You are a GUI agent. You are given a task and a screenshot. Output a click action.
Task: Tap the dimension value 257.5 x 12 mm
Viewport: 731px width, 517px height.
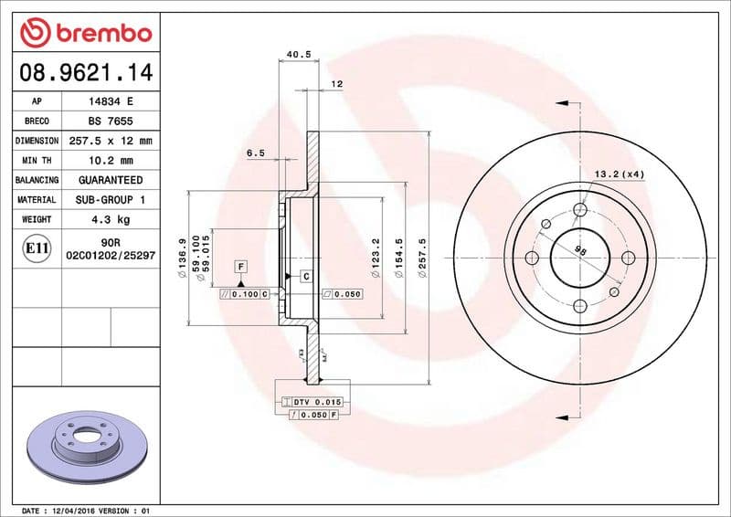(x=111, y=141)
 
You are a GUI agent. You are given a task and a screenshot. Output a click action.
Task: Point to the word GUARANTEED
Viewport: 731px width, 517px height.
(x=111, y=180)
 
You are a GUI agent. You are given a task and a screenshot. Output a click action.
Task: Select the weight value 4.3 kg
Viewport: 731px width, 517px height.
(x=111, y=219)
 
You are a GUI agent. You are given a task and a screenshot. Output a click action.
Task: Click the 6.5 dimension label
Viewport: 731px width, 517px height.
(x=255, y=153)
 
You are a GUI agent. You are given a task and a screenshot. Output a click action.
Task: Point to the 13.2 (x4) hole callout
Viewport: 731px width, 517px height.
(x=620, y=174)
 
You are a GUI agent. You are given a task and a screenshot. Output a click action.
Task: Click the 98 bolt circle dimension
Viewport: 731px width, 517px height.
(x=580, y=249)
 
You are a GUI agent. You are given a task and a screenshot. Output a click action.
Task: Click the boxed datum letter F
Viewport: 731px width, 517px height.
(x=241, y=266)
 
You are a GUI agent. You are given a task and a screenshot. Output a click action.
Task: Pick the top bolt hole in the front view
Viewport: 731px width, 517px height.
(x=579, y=211)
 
